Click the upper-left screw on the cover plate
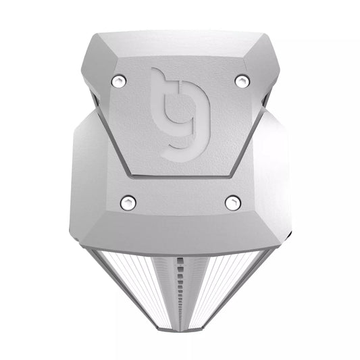pos(120,81)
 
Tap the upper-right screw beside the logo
pos(242,81)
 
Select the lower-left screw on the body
pos(127,201)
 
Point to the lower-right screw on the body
pos(233,201)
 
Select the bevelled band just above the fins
pos(180,233)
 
